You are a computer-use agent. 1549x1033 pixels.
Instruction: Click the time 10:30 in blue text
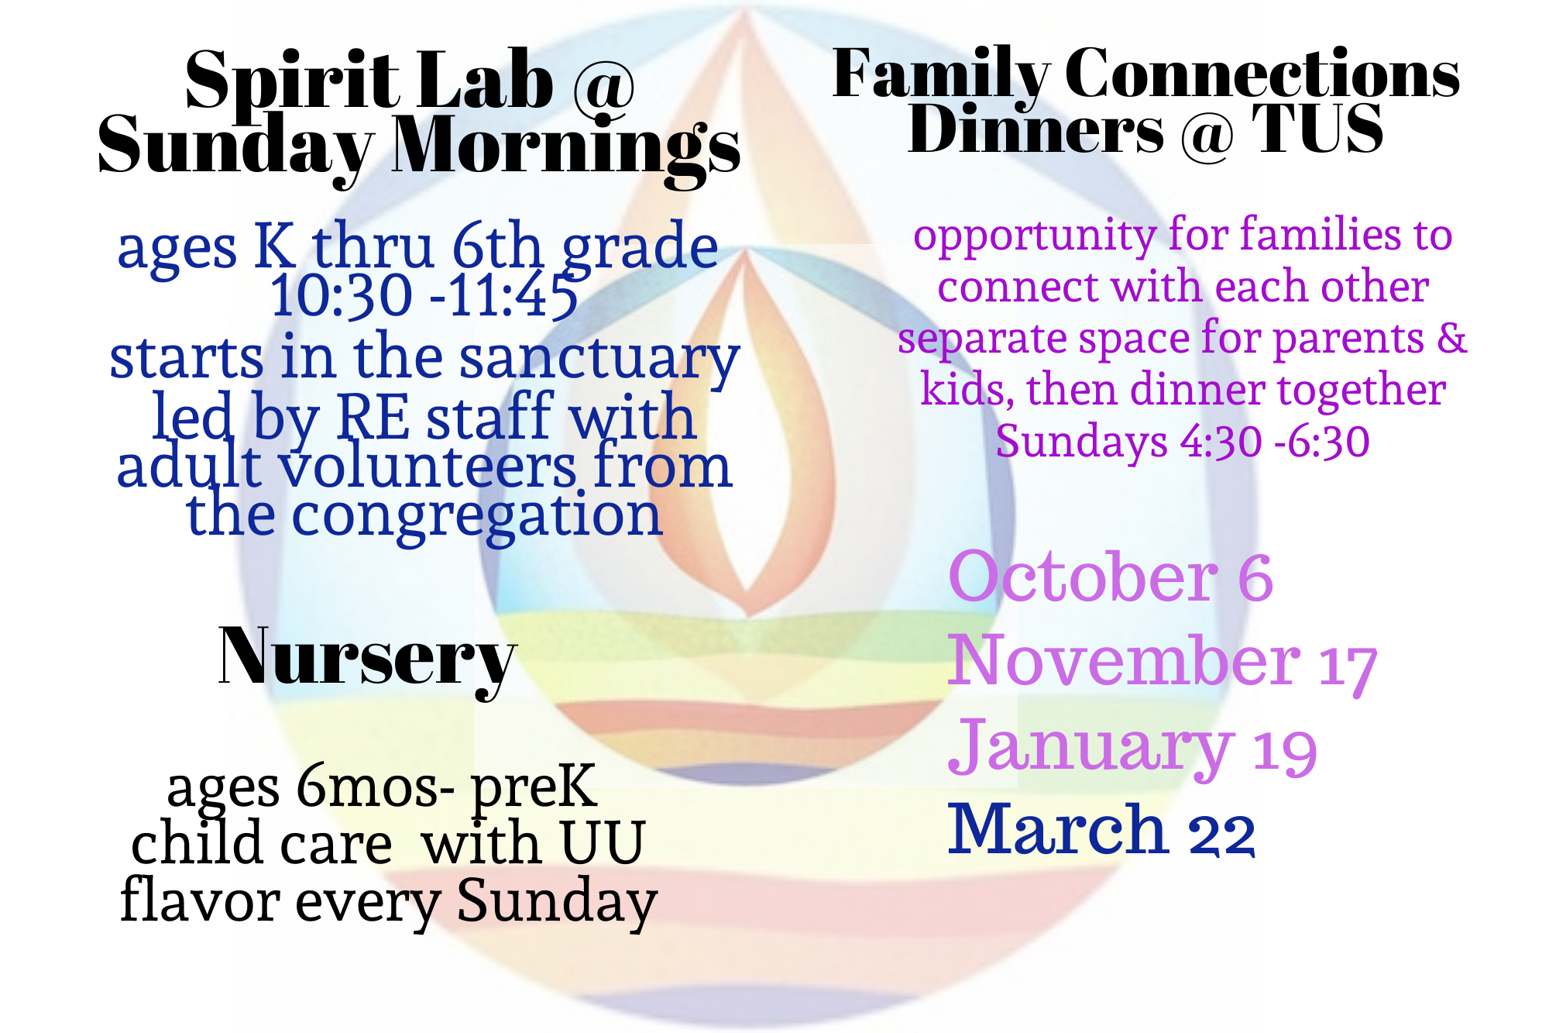point(341,296)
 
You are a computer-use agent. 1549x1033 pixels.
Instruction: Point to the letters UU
point(603,843)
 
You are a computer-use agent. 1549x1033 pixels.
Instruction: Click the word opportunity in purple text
point(1035,236)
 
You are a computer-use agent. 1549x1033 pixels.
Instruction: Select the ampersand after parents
point(1451,338)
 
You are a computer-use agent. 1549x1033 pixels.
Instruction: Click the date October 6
point(1111,577)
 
